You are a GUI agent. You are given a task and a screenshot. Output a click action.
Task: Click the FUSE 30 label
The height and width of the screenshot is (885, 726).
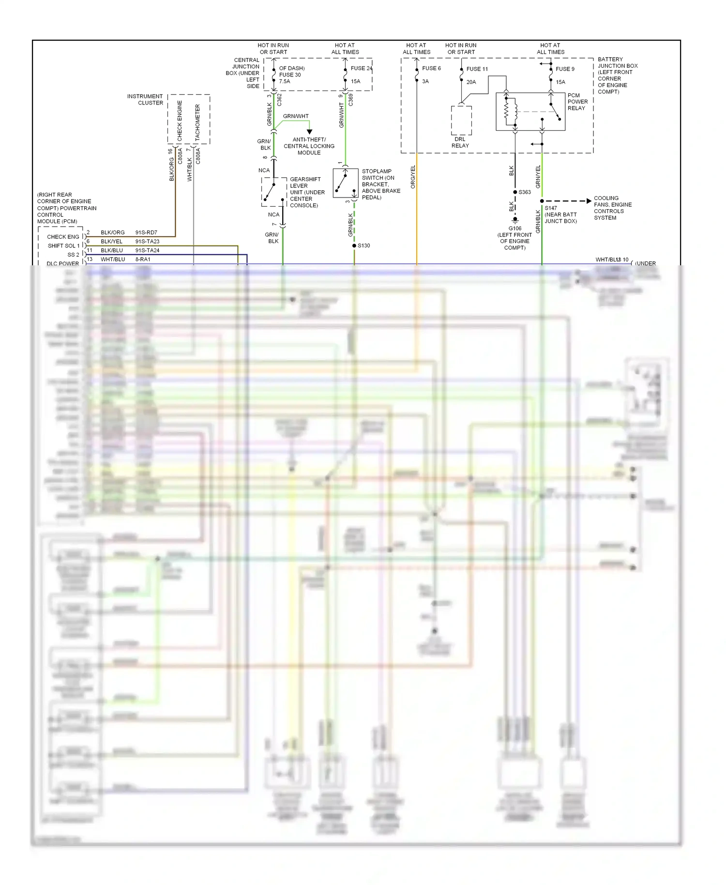(289, 75)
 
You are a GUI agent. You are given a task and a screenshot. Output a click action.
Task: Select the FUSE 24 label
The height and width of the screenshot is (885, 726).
(361, 68)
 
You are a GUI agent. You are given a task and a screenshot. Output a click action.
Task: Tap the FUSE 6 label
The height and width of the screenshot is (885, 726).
(431, 68)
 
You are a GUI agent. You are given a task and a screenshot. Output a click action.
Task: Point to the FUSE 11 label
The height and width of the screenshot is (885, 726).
(477, 69)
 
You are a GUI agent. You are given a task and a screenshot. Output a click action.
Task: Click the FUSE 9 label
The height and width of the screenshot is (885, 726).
(565, 69)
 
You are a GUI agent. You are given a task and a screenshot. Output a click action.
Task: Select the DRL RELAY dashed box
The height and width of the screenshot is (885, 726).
(461, 121)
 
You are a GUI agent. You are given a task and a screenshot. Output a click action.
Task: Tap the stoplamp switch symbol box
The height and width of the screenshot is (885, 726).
(346, 183)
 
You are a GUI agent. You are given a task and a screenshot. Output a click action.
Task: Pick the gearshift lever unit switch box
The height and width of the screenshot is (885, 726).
(274, 192)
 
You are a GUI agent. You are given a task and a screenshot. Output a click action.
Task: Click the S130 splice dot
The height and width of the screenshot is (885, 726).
(354, 245)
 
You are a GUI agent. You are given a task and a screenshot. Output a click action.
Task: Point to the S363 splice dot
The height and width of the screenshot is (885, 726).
(515, 192)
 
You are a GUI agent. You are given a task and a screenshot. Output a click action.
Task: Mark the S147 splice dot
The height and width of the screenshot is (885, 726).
(542, 201)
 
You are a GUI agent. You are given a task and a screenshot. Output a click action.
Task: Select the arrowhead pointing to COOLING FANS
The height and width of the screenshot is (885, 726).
(589, 201)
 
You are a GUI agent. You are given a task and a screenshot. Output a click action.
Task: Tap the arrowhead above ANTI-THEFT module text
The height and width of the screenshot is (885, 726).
(309, 132)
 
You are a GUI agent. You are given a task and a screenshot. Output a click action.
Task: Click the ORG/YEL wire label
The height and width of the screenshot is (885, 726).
(413, 177)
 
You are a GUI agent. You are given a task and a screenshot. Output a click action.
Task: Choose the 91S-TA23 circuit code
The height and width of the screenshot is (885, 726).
(147, 241)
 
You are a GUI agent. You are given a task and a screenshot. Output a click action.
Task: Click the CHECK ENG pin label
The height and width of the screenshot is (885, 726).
(63, 237)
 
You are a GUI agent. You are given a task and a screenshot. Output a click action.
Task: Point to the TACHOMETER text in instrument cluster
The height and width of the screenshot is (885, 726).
(197, 122)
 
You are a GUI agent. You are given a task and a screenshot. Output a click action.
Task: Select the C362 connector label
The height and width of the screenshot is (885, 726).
(279, 100)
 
